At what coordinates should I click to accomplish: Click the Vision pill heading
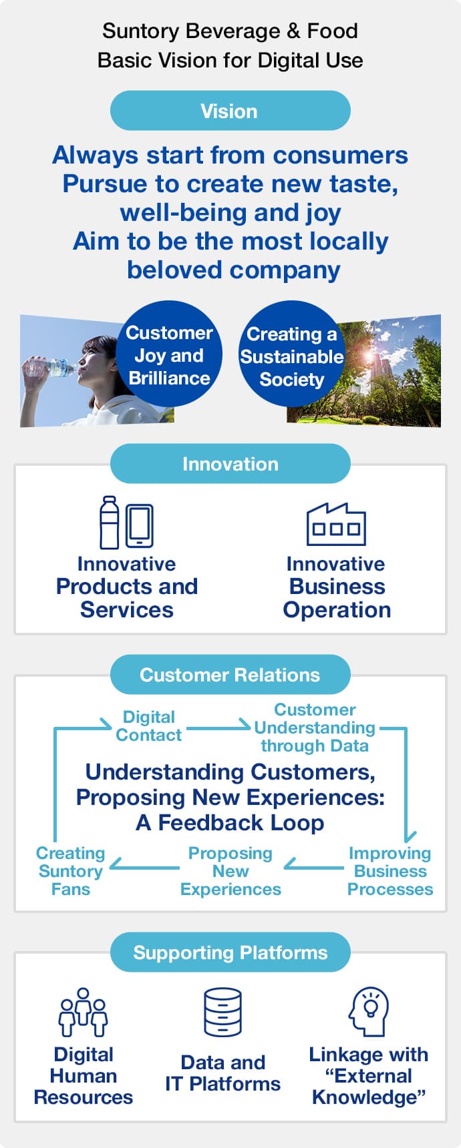click(x=230, y=111)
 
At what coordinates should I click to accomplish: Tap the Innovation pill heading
click(x=230, y=464)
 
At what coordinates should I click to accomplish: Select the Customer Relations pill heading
click(x=230, y=675)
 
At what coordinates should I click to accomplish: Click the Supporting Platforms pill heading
click(x=230, y=952)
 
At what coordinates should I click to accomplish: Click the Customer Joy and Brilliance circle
click(x=169, y=355)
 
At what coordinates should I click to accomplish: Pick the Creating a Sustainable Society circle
click(x=291, y=356)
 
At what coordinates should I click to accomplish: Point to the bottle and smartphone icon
click(x=126, y=523)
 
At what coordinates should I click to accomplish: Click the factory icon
click(x=336, y=525)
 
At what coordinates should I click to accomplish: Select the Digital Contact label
click(x=148, y=726)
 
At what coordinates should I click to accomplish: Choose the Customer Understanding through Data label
click(x=315, y=728)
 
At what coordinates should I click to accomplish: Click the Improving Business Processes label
click(x=390, y=871)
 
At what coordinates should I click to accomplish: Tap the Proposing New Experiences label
click(x=230, y=871)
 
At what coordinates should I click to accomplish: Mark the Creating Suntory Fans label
click(x=70, y=871)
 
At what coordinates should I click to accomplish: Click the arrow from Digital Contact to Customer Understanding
click(x=218, y=726)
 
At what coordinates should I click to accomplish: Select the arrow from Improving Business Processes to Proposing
click(x=313, y=866)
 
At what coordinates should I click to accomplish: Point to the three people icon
click(x=83, y=1012)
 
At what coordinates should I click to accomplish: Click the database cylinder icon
click(x=222, y=1012)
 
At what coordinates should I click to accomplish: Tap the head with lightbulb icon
click(x=368, y=1011)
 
